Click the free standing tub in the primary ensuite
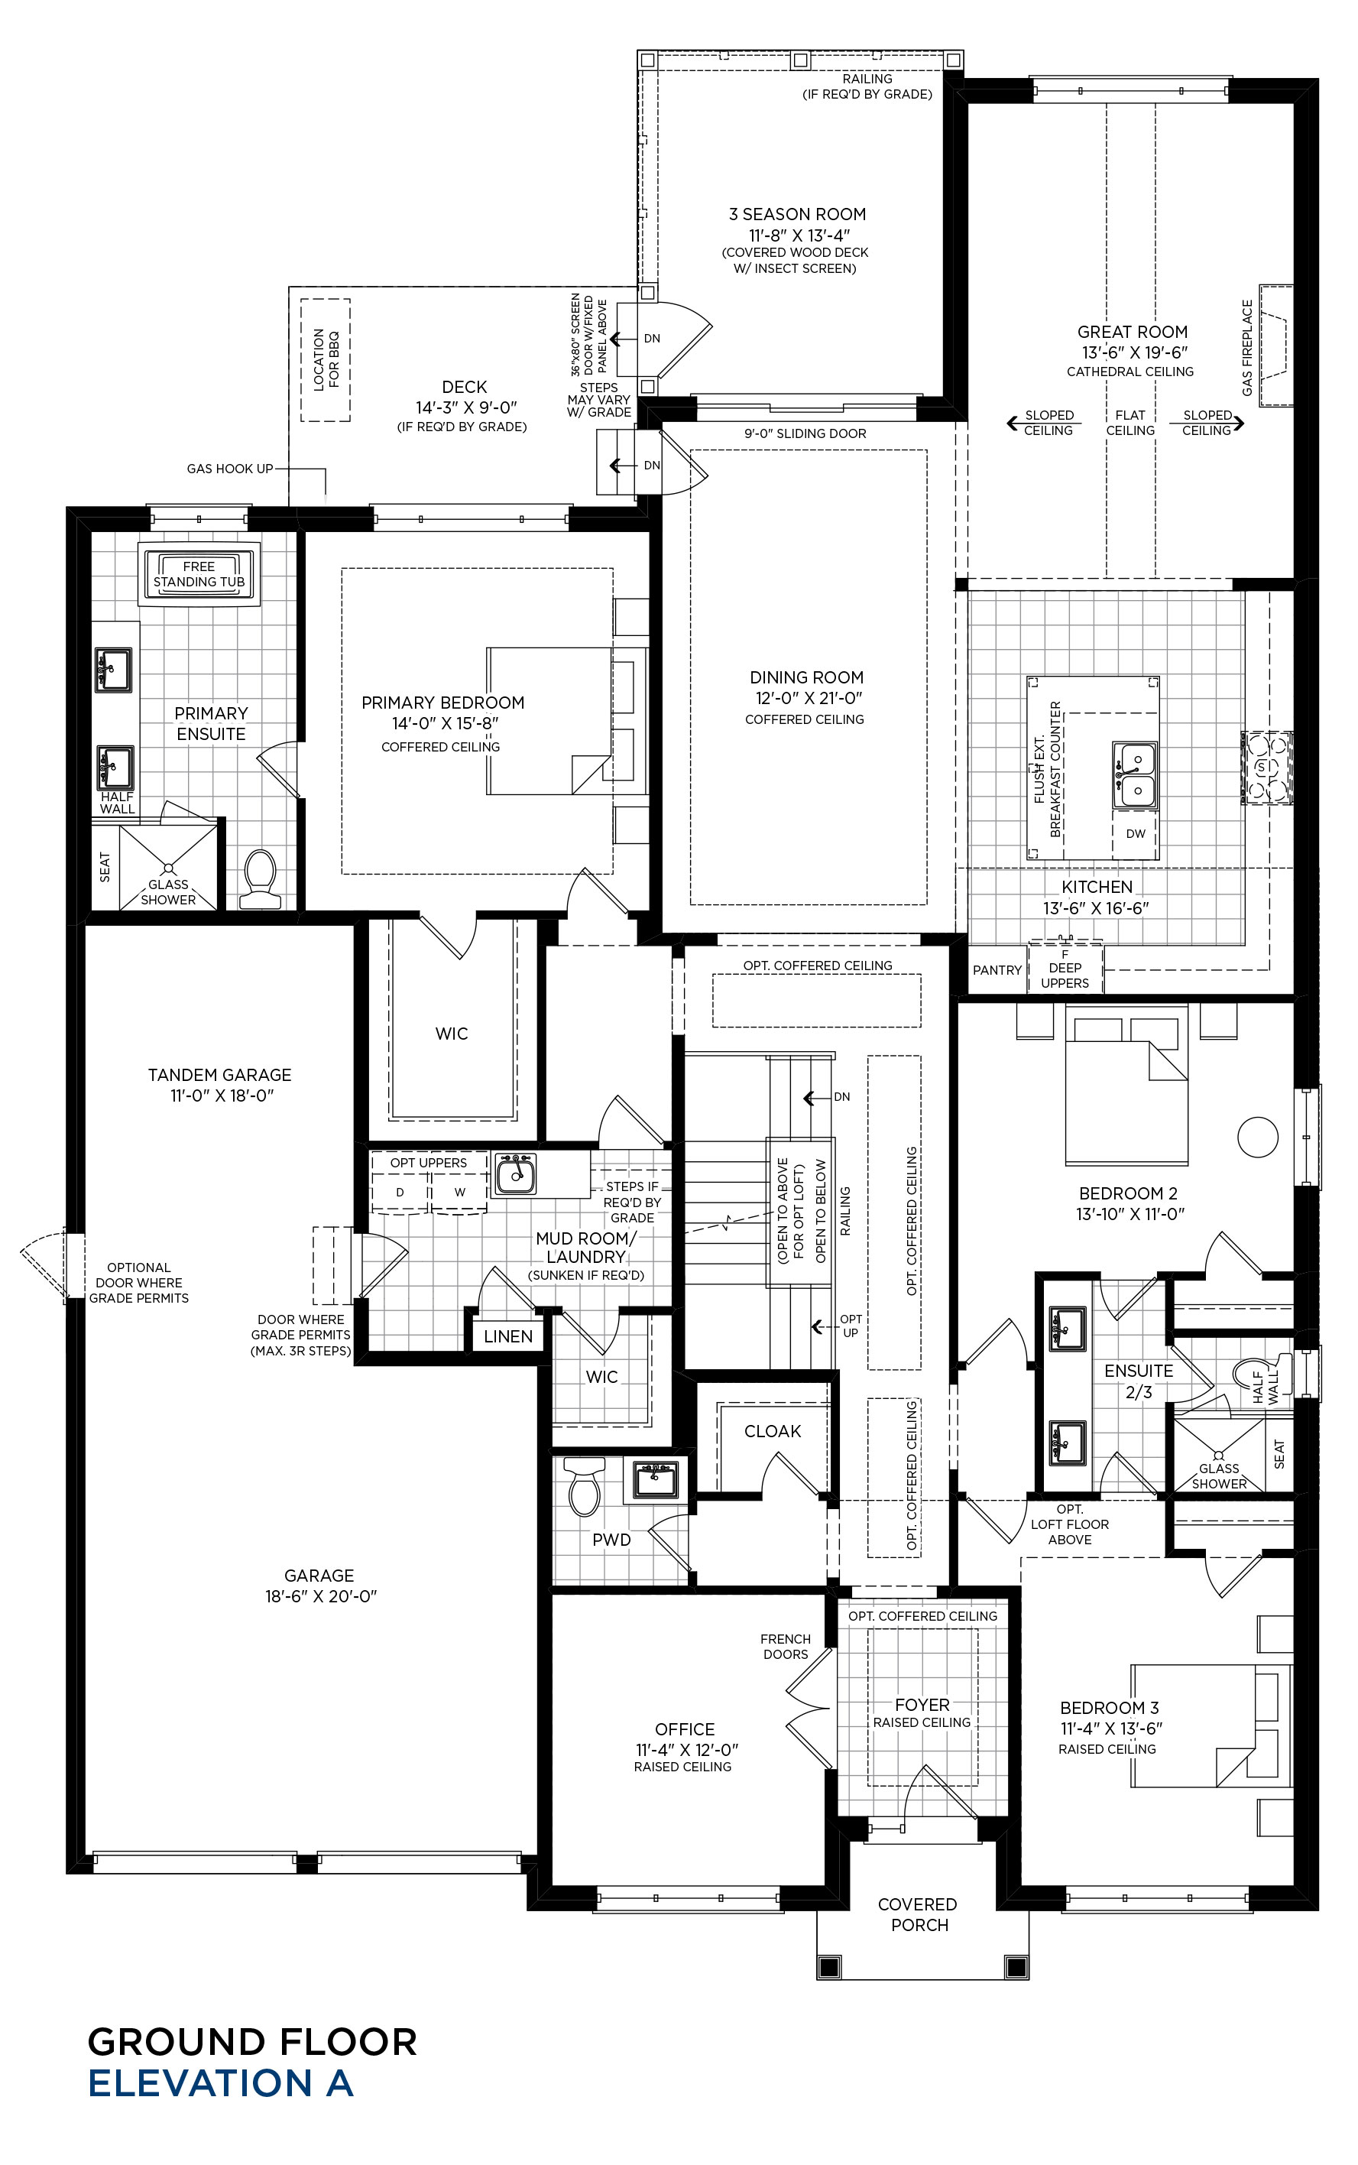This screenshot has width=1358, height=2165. click(x=199, y=573)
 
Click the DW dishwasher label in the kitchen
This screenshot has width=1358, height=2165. click(x=1136, y=833)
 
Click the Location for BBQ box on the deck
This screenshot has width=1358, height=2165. click(x=325, y=359)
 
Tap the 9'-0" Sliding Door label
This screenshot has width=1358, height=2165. click(x=805, y=433)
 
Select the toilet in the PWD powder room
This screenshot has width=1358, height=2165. click(x=584, y=1484)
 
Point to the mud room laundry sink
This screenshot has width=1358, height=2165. click(x=516, y=1174)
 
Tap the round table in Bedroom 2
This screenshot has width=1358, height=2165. click(x=1257, y=1137)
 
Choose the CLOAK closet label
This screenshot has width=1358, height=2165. click(x=773, y=1431)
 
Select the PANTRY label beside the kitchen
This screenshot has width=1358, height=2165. click(x=997, y=970)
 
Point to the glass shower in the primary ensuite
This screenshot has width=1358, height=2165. click(x=169, y=866)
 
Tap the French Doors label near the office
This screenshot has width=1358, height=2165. click(x=785, y=1647)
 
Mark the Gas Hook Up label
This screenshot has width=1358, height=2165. click(x=230, y=468)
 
